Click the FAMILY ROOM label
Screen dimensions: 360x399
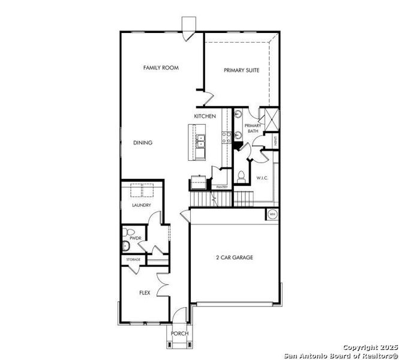pos(161,68)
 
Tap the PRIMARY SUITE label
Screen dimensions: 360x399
pos(241,70)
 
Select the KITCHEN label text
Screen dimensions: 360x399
pos(205,116)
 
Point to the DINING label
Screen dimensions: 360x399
pos(143,143)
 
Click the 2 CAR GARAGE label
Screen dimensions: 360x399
pos(235,257)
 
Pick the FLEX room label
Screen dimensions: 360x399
pos(145,293)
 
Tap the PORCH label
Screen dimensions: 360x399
pos(179,334)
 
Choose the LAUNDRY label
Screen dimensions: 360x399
pos(142,205)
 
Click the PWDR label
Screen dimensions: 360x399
pos(135,238)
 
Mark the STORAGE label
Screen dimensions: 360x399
pos(133,259)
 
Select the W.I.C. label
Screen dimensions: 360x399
pos(262,178)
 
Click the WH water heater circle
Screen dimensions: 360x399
pos(272,214)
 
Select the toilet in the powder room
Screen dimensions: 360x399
pos(126,232)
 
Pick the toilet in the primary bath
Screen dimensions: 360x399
pos(240,175)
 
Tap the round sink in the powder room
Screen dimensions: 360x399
pos(125,245)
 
